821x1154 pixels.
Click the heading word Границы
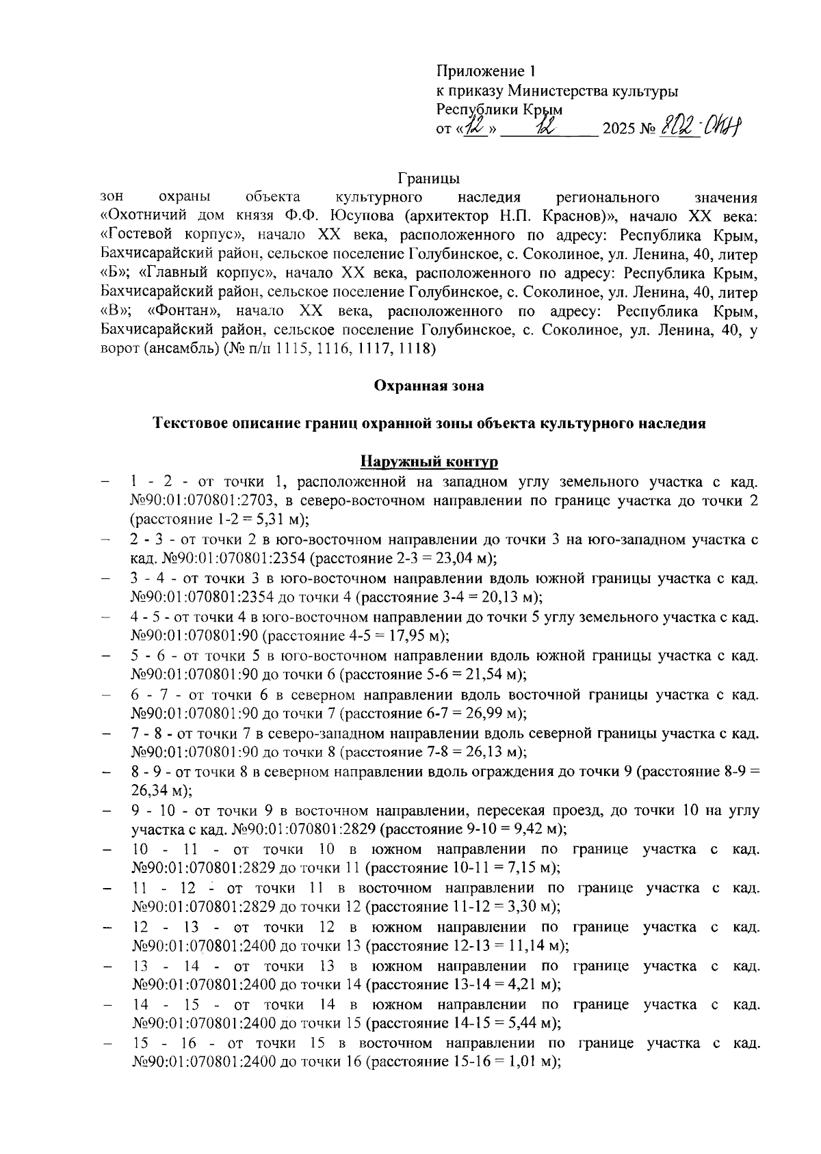(x=428, y=179)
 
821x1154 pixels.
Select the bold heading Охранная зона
(x=428, y=386)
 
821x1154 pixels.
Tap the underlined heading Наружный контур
(x=429, y=461)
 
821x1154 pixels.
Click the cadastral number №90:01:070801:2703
(x=196, y=500)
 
